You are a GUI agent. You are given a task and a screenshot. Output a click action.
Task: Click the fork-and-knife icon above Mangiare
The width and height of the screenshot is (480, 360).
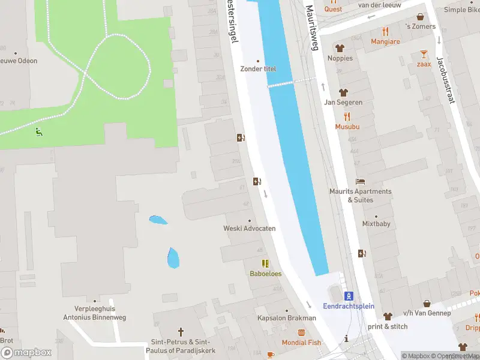point(385,31)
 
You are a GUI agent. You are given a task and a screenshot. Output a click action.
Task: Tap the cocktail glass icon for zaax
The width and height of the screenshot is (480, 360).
point(424,53)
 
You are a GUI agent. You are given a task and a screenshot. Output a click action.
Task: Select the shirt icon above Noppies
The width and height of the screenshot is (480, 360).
point(340,48)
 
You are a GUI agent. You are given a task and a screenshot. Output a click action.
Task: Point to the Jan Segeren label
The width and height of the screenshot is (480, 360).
point(343,102)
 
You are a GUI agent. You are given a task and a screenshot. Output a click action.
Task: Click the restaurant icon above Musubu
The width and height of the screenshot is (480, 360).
point(347,116)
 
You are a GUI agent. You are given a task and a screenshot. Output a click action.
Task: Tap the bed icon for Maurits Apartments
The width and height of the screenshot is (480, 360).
point(360,181)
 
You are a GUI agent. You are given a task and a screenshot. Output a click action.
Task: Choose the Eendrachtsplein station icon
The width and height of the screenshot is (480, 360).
point(349,295)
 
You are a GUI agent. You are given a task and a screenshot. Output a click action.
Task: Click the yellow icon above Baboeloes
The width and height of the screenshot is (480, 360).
point(265,263)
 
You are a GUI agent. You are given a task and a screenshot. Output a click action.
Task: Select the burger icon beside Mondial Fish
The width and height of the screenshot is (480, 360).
point(302,332)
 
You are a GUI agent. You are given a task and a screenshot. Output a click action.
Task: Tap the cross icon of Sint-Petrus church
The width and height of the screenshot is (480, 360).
point(181,331)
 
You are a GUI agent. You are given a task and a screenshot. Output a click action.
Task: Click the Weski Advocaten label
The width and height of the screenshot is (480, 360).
point(250,228)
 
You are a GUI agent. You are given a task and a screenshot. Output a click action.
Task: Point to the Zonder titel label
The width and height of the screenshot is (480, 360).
point(258,68)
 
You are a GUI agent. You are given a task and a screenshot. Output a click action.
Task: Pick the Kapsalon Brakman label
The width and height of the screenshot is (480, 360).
point(286,318)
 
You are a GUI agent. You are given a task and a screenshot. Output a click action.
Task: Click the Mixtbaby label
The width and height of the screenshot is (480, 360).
point(376,224)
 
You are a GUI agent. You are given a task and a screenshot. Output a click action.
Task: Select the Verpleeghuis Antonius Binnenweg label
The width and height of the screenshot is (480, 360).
point(90,313)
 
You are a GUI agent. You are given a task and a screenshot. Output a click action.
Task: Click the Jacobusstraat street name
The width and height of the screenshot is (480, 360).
point(445,79)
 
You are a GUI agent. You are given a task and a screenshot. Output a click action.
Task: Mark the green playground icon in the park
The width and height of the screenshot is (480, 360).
point(39,131)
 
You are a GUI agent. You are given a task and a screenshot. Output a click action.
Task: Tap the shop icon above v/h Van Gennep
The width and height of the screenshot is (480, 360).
point(427,304)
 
